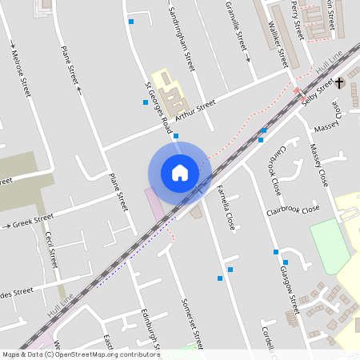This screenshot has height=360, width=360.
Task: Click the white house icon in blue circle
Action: coord(180,172)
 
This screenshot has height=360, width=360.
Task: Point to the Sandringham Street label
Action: coord(182,38)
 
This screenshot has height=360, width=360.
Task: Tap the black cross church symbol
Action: coord(339,82)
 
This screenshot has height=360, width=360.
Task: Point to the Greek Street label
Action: coord(33,221)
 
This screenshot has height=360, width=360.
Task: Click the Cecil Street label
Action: coord(51,249)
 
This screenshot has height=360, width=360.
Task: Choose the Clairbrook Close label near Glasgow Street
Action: coord(293,211)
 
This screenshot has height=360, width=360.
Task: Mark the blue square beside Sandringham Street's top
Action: coord(131,22)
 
